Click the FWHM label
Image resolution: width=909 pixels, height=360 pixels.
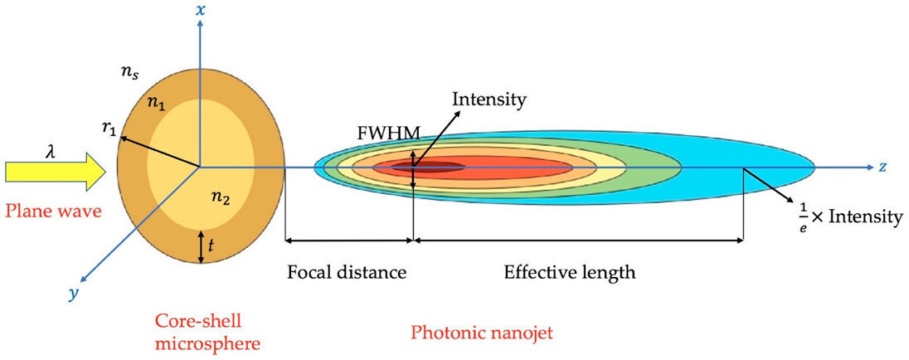[x=376, y=132]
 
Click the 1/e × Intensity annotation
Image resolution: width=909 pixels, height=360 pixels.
[x=846, y=216]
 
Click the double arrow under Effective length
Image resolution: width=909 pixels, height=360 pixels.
[x=578, y=241]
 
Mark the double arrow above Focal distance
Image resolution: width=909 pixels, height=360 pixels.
[x=348, y=241]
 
